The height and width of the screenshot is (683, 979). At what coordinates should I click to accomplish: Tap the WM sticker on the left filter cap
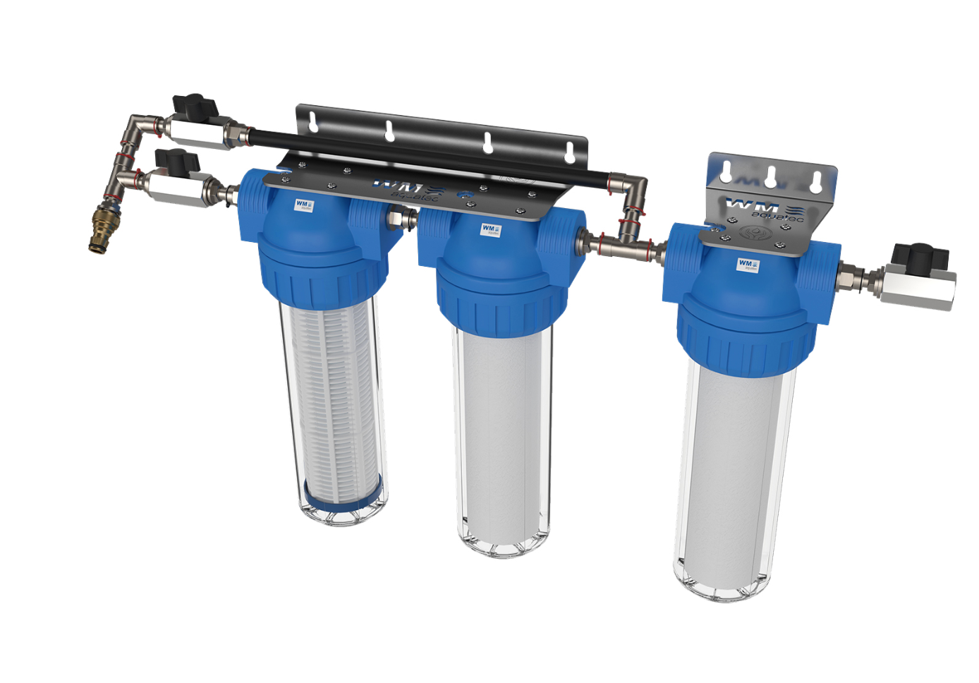tap(304, 205)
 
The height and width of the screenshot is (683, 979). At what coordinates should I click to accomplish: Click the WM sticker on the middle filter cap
tap(490, 230)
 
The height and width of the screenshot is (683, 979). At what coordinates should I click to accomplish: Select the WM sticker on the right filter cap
tap(748, 265)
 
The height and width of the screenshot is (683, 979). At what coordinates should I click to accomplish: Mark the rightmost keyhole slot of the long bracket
tap(570, 150)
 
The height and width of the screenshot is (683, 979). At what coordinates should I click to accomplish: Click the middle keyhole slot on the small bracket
tap(771, 176)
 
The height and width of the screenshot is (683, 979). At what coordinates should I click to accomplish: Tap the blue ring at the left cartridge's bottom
tap(343, 491)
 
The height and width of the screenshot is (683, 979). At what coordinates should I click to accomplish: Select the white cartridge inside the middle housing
tap(502, 437)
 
